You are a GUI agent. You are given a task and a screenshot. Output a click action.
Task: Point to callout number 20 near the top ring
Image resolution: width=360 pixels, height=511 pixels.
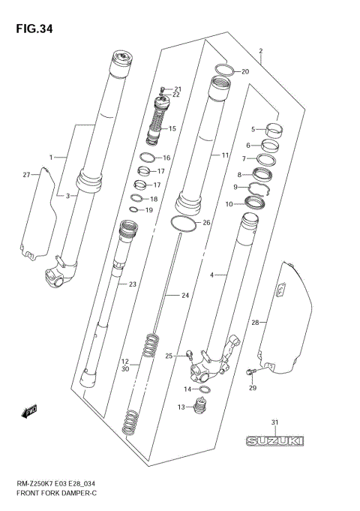click(x=244, y=71)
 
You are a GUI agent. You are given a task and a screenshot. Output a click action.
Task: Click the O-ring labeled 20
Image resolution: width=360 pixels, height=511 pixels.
click(x=223, y=71)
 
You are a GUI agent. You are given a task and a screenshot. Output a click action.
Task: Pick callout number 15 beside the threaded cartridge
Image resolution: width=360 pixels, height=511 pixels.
click(x=172, y=128)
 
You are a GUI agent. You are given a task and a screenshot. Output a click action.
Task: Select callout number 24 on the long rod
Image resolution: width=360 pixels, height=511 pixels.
click(x=185, y=296)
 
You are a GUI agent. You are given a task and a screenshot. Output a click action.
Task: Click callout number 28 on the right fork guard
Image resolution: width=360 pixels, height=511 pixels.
click(x=254, y=322)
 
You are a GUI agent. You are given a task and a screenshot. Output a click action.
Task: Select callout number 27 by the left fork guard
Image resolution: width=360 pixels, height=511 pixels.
click(x=26, y=174)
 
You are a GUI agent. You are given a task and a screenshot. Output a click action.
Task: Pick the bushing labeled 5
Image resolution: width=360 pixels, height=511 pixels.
click(x=272, y=129)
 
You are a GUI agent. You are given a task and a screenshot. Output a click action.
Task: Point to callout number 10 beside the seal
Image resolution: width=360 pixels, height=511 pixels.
click(x=229, y=204)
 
